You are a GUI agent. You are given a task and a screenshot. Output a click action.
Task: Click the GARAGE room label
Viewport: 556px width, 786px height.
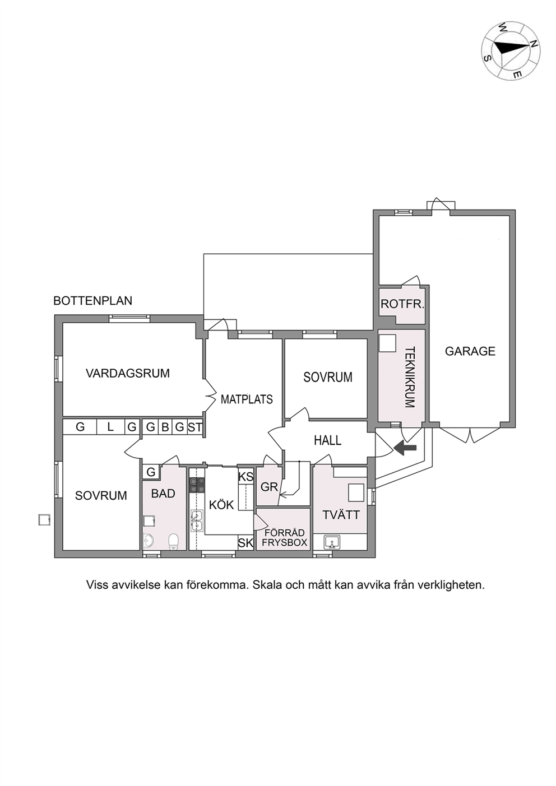[470, 351]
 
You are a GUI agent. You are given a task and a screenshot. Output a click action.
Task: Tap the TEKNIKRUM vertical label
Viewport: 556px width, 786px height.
[410, 377]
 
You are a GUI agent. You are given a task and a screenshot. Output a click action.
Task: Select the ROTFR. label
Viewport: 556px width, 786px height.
[402, 304]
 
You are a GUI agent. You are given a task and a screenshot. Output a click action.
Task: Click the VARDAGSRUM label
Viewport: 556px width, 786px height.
[128, 373]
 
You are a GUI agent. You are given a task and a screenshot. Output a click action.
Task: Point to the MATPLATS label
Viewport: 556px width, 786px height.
[247, 399]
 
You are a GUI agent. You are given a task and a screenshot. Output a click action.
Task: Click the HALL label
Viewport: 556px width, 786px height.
[327, 440]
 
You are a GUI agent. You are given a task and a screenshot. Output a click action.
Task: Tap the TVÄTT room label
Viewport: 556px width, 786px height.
[341, 515]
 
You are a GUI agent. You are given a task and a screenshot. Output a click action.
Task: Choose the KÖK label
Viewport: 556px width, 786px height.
[221, 505]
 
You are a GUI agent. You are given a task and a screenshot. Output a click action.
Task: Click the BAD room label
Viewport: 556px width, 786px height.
[163, 494]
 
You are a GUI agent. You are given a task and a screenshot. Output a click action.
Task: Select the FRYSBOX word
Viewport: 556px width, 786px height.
[284, 542]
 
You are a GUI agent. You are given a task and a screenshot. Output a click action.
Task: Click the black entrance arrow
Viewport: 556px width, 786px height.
[405, 448]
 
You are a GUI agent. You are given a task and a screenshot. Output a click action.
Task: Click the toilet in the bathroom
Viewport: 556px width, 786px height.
[174, 542]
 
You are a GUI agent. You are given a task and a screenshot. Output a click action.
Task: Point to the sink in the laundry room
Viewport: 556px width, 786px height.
[332, 542]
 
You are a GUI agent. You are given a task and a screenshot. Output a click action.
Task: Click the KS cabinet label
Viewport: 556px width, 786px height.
[245, 477]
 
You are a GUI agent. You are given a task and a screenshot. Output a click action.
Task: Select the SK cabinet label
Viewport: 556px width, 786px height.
[245, 543]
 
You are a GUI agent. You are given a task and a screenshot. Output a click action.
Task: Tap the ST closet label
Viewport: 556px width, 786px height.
[195, 427]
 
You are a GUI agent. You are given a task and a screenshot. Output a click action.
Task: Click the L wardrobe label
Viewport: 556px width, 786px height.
[110, 427]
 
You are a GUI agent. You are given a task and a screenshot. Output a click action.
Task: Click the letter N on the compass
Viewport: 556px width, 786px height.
[534, 44]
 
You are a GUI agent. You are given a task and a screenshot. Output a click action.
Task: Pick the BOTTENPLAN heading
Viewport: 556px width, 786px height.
[92, 301]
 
